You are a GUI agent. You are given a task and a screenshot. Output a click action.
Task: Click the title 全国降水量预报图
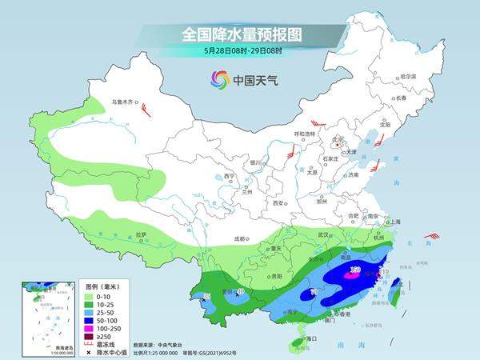(x=239, y=35)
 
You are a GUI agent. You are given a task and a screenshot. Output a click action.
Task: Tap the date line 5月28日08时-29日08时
(x=239, y=50)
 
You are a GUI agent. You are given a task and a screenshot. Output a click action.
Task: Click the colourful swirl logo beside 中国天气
(x=219, y=79)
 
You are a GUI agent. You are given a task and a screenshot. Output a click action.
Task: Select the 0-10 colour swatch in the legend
(x=92, y=295)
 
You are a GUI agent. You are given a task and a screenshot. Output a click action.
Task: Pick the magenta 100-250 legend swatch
(x=92, y=327)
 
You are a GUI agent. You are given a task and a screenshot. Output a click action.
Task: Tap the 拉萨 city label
(x=142, y=234)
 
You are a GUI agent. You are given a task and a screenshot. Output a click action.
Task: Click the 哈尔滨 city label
(x=408, y=76)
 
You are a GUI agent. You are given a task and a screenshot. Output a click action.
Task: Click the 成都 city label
(x=241, y=238)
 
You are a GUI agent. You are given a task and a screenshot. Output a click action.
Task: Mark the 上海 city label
(x=394, y=221)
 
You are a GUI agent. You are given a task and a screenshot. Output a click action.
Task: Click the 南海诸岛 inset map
(x=39, y=315)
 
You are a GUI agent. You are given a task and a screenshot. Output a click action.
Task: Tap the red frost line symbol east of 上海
(x=432, y=236)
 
